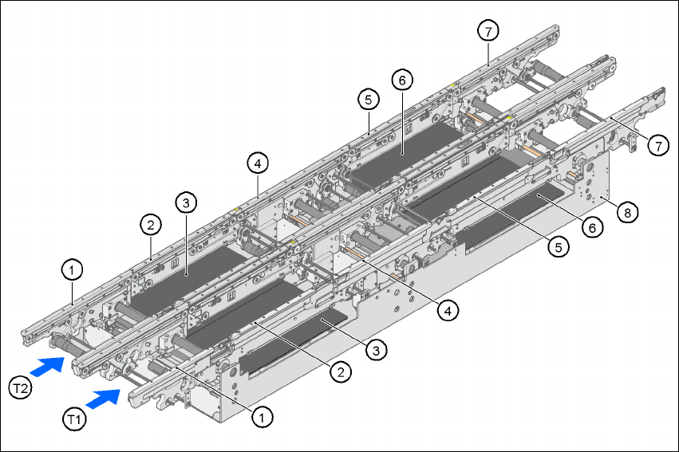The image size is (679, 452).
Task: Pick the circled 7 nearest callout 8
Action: pyautogui.click(x=658, y=145)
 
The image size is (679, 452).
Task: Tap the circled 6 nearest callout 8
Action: pyautogui.click(x=590, y=226)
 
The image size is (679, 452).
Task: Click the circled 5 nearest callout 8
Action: pyautogui.click(x=560, y=247)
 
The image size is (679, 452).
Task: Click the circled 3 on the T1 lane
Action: pyautogui.click(x=378, y=348)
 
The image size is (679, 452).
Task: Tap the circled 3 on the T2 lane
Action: pyautogui.click(x=185, y=204)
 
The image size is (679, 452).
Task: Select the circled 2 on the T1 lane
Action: pyautogui.click(x=341, y=371)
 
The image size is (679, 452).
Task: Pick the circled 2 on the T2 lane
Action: pyautogui.click(x=150, y=225)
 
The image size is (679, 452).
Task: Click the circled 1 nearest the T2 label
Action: pyautogui.click(x=72, y=271)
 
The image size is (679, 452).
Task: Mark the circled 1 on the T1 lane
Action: pyautogui.click(x=259, y=415)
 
